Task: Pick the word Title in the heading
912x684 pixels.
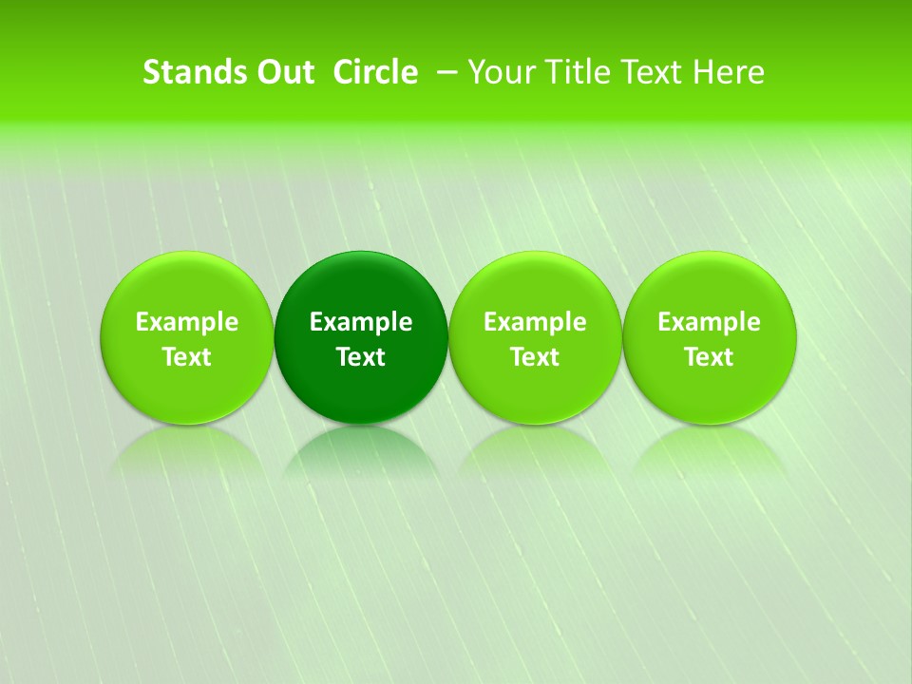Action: pos(575,72)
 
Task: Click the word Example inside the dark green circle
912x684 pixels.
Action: pos(361,322)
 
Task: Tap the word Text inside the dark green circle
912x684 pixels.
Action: pos(361,357)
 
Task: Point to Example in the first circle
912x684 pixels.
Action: pos(186,322)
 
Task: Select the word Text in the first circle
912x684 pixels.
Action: pos(186,357)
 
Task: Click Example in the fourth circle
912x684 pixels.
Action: pos(710,322)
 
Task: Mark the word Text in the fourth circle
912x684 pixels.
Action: pos(710,357)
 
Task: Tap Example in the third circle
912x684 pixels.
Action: pos(535,322)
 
